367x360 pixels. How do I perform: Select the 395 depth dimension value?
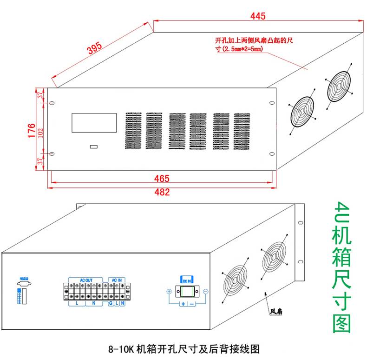[x=95, y=49]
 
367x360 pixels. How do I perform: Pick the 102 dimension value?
[x=40, y=131]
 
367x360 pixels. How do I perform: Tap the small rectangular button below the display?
[x=94, y=147]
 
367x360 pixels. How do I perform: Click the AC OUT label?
[x=86, y=280]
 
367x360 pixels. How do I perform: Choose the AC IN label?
[x=116, y=280]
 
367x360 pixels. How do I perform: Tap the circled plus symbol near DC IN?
[x=169, y=292]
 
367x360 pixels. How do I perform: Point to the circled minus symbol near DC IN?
[x=205, y=292]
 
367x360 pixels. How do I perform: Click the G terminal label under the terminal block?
[x=111, y=303]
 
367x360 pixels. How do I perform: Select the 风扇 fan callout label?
[x=277, y=312]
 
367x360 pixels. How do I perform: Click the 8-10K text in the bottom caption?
[x=122, y=349]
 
